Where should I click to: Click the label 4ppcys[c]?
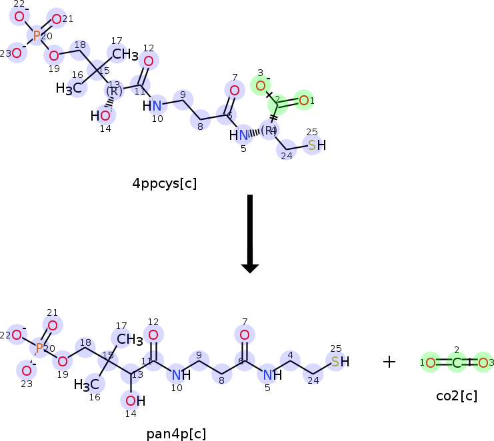tap(164, 183)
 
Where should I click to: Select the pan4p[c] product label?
tap(176, 434)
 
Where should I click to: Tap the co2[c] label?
tap(457, 396)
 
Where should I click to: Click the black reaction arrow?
tap(250, 233)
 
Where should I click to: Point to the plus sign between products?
tap(389, 362)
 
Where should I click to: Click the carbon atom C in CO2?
tap(457, 362)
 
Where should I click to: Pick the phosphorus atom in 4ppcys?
tap(37, 35)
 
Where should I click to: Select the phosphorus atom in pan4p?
tap(40, 348)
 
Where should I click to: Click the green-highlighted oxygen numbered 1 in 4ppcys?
tap(304, 101)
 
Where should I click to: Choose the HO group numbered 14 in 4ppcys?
tap(101, 116)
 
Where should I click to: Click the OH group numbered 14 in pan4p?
tap(135, 400)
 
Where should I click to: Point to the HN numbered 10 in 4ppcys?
tap(153, 105)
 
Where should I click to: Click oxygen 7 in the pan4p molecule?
tap(245, 335)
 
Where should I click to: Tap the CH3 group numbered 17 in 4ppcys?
tap(125, 54)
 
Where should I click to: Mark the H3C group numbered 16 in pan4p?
tap(87, 385)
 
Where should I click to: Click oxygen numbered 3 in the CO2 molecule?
tap(483, 362)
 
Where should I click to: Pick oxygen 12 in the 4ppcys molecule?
tap(149, 61)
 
